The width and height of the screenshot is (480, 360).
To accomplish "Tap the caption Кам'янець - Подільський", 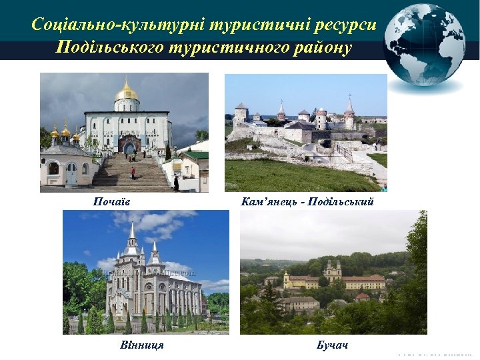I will click(307, 201).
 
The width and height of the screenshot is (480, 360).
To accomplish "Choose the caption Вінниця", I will click(142, 345).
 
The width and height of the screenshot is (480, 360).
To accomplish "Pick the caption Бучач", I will click(332, 345).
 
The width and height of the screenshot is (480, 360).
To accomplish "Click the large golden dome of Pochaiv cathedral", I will click(126, 92).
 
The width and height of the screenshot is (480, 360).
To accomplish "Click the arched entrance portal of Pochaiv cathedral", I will click(129, 145).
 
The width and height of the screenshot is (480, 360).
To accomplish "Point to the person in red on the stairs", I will click(133, 172).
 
